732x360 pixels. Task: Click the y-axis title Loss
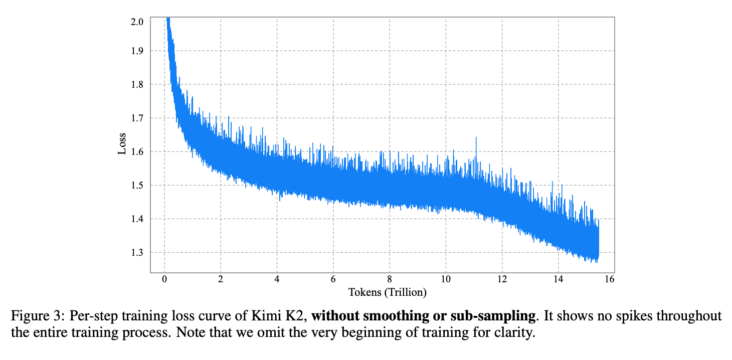(x=122, y=144)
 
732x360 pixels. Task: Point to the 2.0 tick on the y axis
(x=137, y=22)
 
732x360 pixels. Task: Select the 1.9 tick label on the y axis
(x=137, y=51)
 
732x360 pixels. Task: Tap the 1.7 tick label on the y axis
(x=137, y=118)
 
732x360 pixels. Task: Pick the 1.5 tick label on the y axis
(x=137, y=185)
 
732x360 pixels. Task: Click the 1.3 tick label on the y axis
(x=137, y=252)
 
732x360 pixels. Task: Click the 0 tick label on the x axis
(x=164, y=280)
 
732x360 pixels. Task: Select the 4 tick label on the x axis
(x=277, y=280)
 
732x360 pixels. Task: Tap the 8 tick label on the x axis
(x=389, y=280)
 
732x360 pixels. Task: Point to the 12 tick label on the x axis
(x=502, y=280)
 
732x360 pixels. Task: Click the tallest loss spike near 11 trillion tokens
(x=476, y=138)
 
